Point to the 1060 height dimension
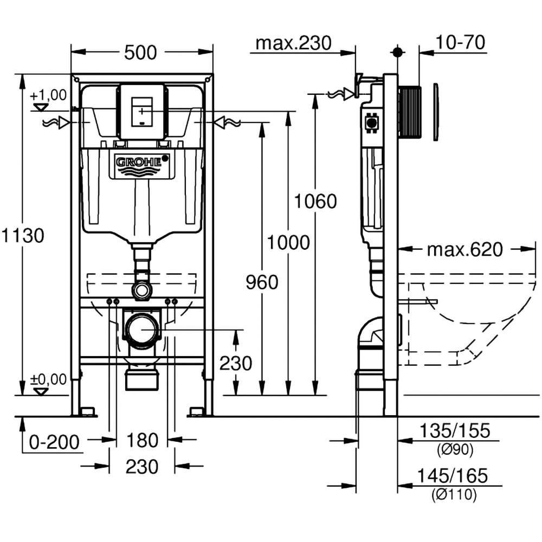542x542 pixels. [x=315, y=201]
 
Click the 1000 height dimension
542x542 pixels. [x=288, y=242]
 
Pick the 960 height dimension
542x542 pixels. [x=262, y=282]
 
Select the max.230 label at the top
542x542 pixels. [x=293, y=43]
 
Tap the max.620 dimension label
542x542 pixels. [x=464, y=250]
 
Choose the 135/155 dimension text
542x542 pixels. [x=453, y=431]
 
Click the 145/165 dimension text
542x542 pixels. [x=453, y=475]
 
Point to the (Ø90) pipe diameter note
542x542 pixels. [x=454, y=449]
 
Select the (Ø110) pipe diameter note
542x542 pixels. [x=454, y=494]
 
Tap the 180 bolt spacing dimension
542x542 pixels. [x=142, y=440]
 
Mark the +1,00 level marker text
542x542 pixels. [x=49, y=95]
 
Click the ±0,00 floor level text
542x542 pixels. [x=49, y=378]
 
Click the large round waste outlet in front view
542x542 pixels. [x=143, y=330]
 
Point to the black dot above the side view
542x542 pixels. [x=397, y=52]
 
